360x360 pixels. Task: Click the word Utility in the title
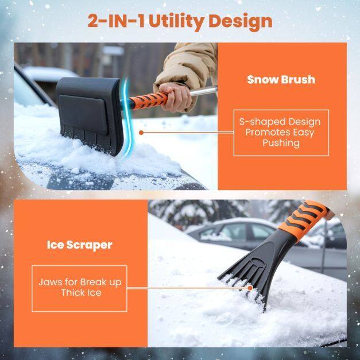click(x=176, y=22)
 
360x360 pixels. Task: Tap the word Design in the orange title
click(x=240, y=22)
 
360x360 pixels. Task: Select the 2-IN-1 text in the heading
click(x=116, y=21)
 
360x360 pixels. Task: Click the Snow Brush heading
click(x=281, y=80)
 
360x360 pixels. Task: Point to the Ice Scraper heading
click(x=79, y=245)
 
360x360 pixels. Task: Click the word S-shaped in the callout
click(x=262, y=122)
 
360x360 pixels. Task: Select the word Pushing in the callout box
click(x=281, y=143)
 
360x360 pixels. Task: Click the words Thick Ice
click(x=81, y=293)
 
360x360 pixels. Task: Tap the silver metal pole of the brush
click(x=203, y=91)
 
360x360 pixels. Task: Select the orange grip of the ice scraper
click(x=304, y=220)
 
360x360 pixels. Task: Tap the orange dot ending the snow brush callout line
click(x=141, y=133)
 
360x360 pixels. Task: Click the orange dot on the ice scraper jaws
click(x=250, y=288)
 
